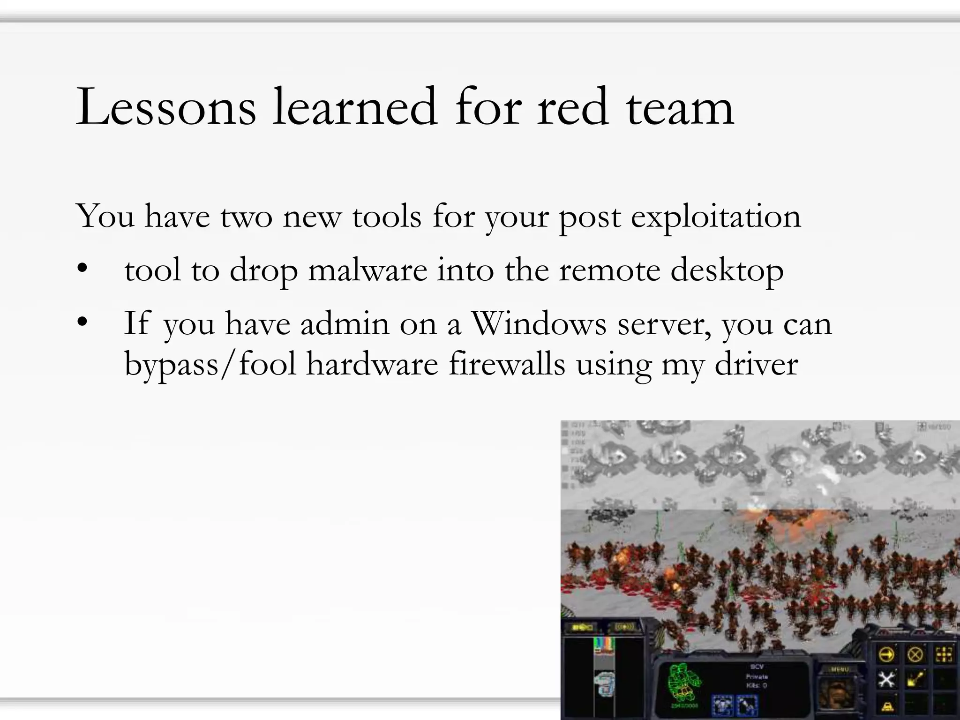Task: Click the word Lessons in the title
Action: coord(166,107)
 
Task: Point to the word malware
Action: coord(367,270)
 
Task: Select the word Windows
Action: coord(539,323)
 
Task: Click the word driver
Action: coord(756,364)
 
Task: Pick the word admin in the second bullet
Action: coord(345,323)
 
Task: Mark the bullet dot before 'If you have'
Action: coord(82,322)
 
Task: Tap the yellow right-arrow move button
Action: coord(885,654)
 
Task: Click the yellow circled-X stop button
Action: coord(915,654)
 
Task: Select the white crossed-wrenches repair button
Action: coord(885,679)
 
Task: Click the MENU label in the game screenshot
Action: coord(840,669)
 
